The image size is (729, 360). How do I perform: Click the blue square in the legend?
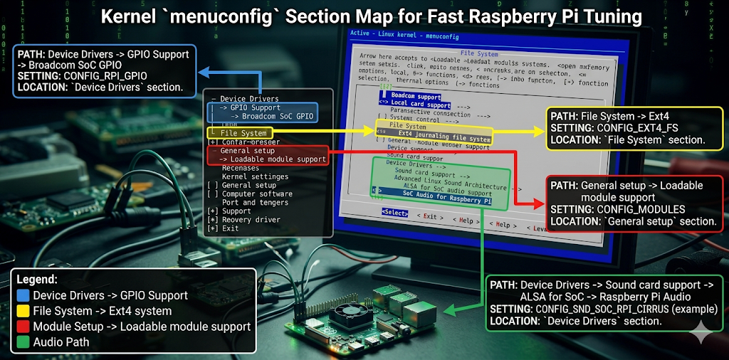23,295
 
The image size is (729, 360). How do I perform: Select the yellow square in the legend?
23,311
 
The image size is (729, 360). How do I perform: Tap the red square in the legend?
23,327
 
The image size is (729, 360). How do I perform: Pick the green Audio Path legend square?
23,342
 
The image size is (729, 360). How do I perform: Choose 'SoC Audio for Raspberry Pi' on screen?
447,201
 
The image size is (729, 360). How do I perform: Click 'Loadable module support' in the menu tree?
273,159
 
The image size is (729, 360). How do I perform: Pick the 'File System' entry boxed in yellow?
243,133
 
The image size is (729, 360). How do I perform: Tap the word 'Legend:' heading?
36,280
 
